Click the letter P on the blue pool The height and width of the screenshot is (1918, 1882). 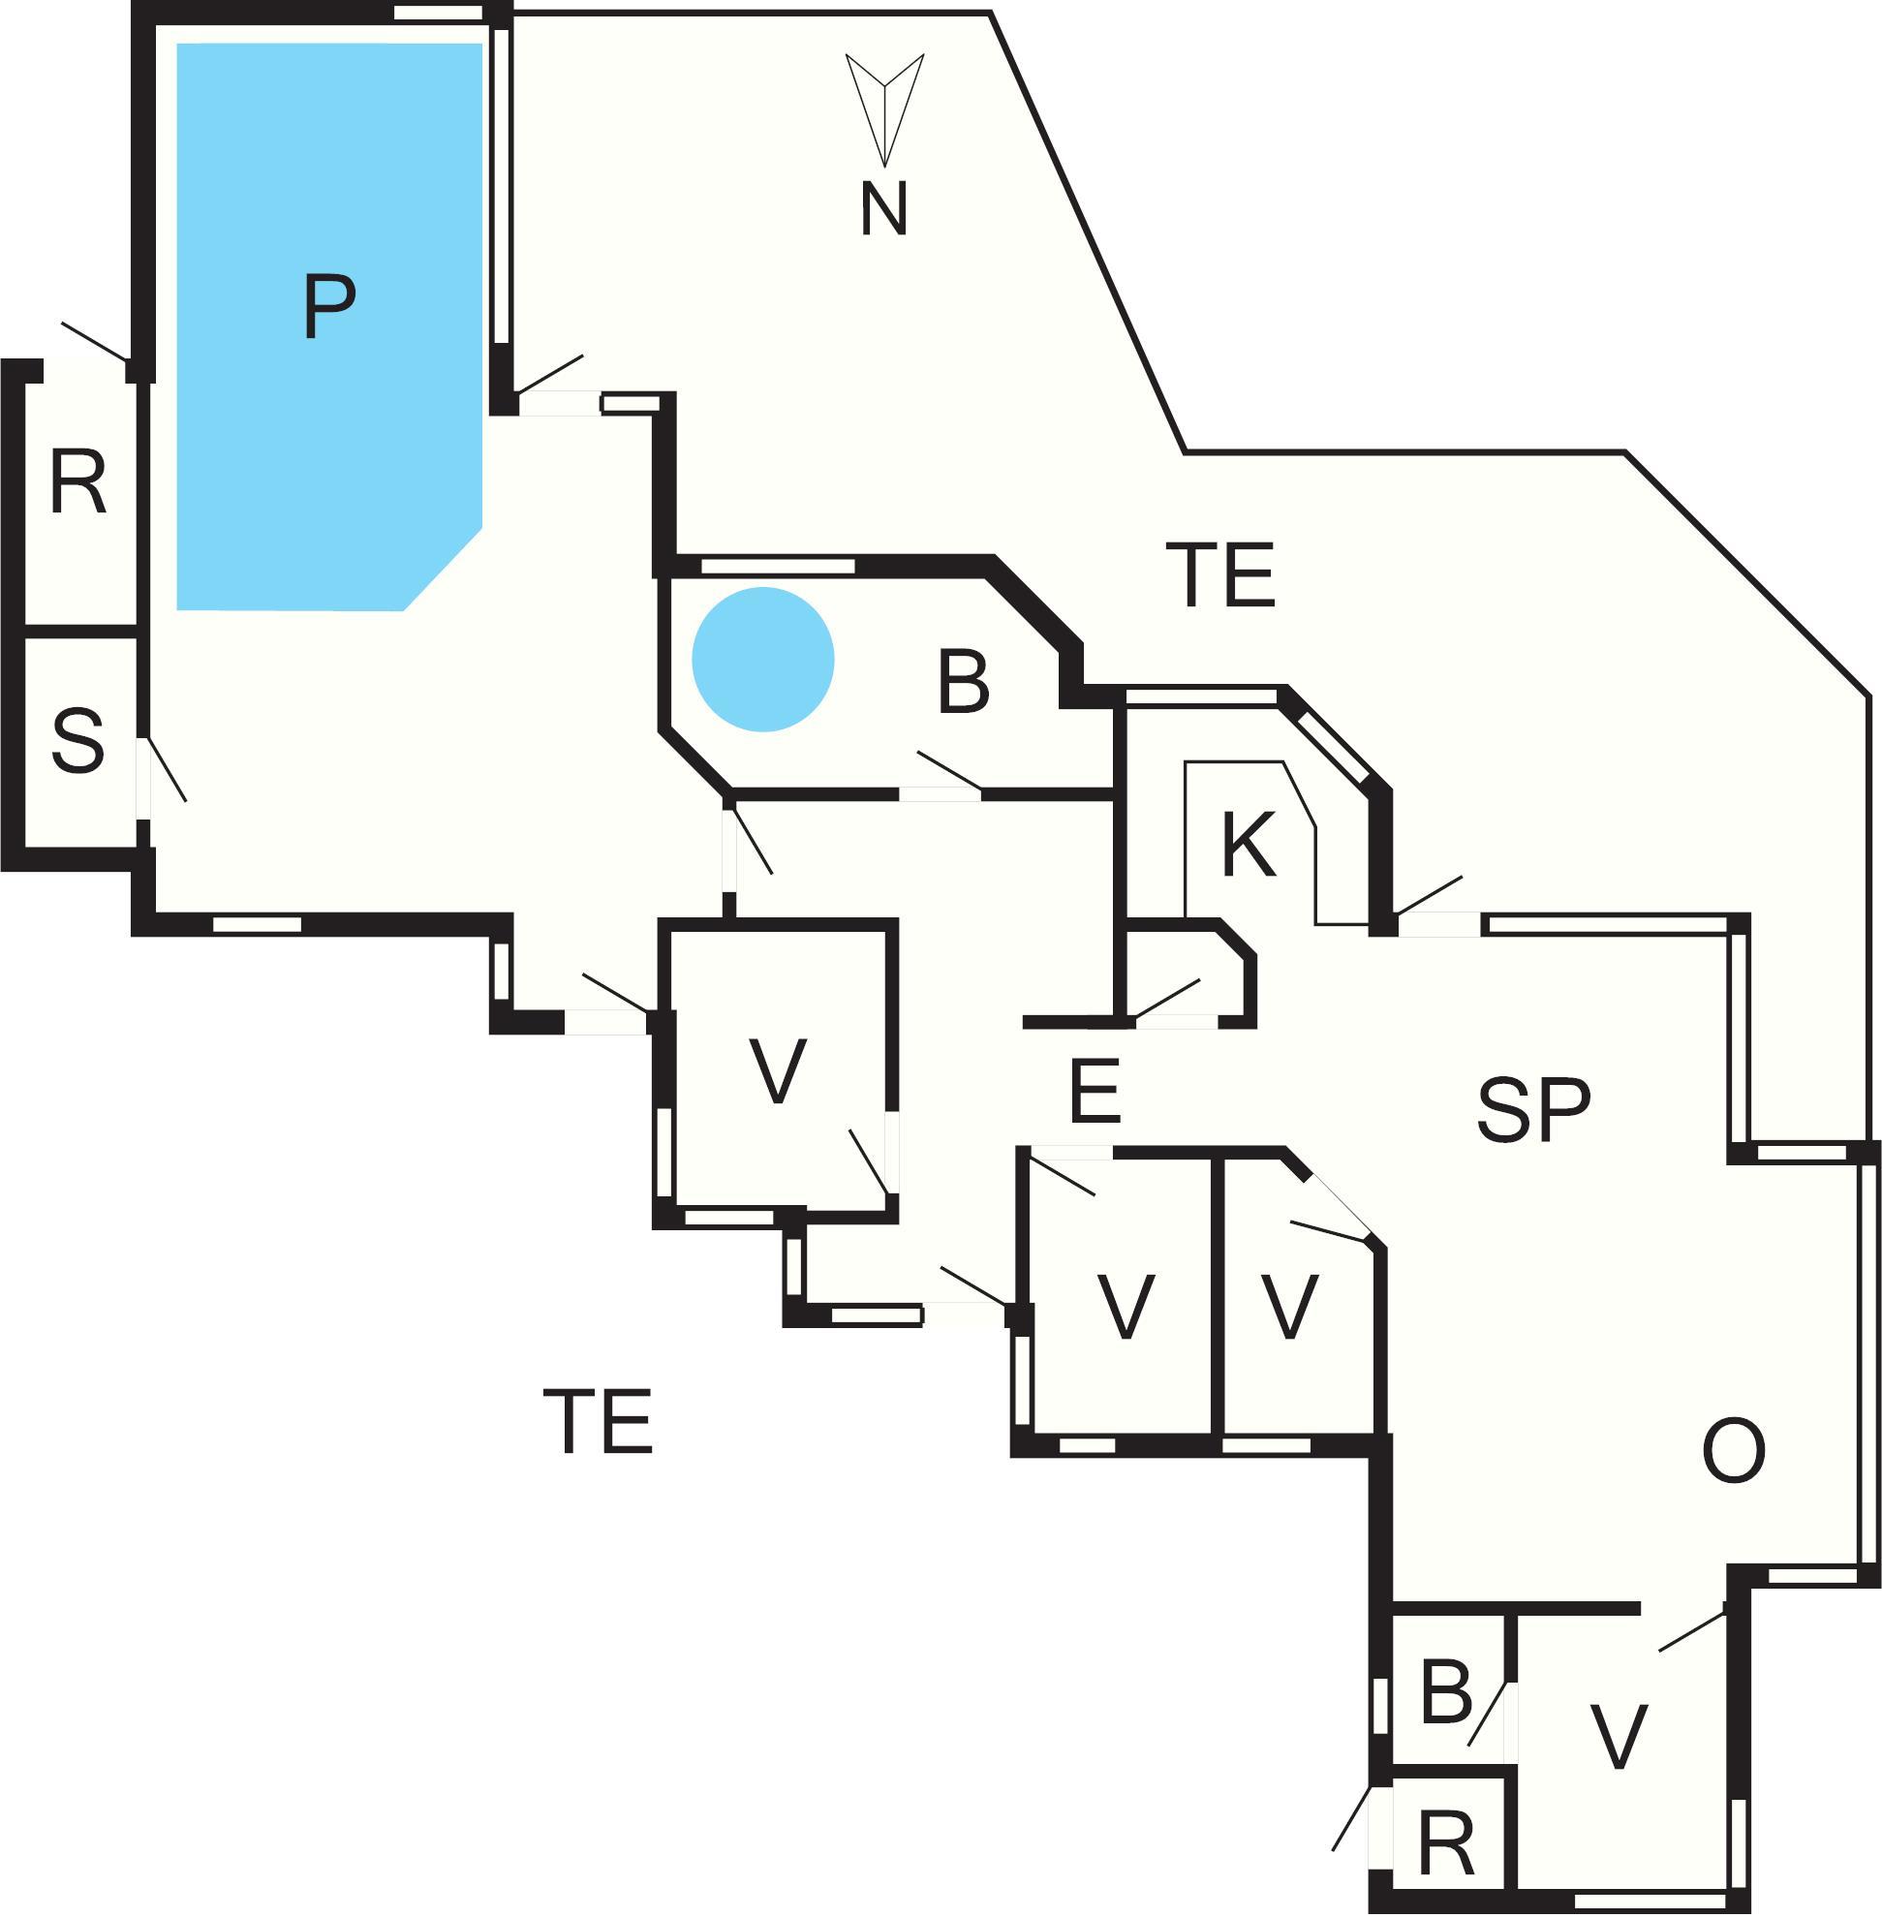coord(329,307)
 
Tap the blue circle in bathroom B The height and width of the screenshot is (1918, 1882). coord(762,660)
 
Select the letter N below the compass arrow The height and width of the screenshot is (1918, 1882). coord(883,209)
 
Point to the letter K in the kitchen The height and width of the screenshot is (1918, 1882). coord(1249,845)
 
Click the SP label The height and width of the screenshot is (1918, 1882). coord(1533,1109)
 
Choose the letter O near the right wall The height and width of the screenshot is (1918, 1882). coord(1734,1451)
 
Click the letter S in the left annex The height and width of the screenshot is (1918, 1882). coord(78,740)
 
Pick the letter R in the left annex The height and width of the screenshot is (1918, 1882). coord(78,483)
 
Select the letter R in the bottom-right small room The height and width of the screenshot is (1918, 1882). coord(1446,1844)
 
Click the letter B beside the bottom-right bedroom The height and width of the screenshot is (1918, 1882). coord(1446,1691)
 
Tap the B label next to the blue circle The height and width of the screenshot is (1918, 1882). coord(963,682)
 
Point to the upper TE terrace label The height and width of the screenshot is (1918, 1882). coord(1220,574)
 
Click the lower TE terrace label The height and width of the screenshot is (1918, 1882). coord(598,1422)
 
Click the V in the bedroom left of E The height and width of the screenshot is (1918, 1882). coord(778,1071)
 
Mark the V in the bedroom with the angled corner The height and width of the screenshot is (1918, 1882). coord(1289,1306)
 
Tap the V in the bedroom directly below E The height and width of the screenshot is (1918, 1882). coord(1126,1306)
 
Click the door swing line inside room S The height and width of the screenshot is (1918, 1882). coord(166,768)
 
